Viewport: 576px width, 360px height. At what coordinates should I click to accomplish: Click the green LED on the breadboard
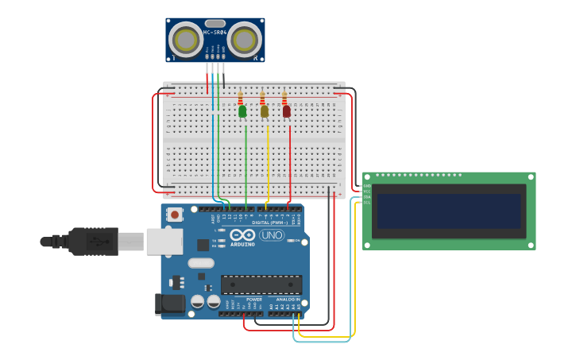pos(242,111)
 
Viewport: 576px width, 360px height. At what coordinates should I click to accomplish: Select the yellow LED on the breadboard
pos(265,111)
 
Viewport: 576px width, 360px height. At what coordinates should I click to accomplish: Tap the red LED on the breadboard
pos(286,111)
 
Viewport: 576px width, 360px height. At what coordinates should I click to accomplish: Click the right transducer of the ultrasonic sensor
pos(244,40)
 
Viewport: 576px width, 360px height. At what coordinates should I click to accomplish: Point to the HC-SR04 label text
pos(215,33)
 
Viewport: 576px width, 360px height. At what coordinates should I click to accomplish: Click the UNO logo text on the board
pos(272,235)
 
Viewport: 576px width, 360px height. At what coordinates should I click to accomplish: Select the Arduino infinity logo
pos(242,235)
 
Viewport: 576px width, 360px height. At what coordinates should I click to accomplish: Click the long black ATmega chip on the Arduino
pos(261,285)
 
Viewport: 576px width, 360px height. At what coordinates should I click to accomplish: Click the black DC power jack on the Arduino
pos(171,303)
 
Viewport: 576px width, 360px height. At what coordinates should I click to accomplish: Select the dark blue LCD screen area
pos(449,211)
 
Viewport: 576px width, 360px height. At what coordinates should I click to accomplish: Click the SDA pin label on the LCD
pos(366,197)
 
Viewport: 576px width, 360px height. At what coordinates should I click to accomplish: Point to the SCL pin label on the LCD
pos(366,203)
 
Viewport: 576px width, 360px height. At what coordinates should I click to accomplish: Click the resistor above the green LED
pos(241,99)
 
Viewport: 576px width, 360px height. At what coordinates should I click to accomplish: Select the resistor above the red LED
pos(284,99)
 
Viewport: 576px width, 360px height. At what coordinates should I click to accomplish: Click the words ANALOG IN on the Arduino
pos(288,300)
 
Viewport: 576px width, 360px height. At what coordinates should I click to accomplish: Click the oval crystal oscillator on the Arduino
pos(201,263)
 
